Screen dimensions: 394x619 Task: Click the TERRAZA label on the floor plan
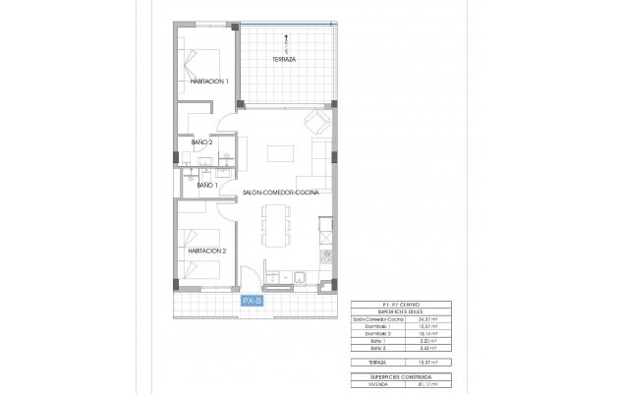tap(285, 60)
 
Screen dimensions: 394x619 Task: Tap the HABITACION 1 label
tap(208, 82)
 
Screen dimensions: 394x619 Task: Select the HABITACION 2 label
tap(207, 251)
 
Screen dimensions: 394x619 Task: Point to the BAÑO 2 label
tap(202, 141)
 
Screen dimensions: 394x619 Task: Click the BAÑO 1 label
tap(207, 185)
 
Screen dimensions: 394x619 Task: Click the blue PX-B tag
tap(253, 302)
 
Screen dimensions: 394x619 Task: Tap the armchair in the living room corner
tap(316, 122)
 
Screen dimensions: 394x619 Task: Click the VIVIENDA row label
tap(364, 384)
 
